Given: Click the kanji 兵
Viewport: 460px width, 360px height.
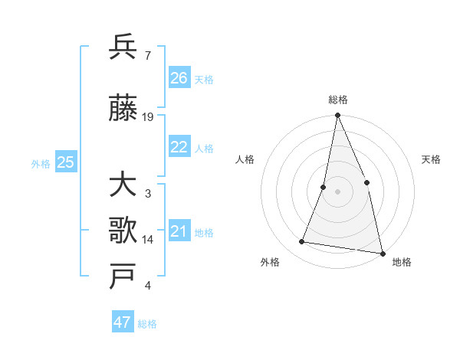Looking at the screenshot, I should click(x=123, y=47).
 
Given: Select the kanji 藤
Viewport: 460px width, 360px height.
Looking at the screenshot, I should click(x=123, y=109).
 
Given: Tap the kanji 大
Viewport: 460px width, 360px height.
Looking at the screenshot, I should click(x=123, y=185).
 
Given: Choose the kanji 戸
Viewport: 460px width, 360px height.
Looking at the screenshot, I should click(x=123, y=277).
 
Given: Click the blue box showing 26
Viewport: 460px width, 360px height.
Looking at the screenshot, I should click(x=179, y=78).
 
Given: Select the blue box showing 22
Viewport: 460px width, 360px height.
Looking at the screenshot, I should click(x=179, y=147).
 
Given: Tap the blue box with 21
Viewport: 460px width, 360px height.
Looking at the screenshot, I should click(x=179, y=231).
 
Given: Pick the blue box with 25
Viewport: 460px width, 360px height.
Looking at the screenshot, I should click(x=65, y=162).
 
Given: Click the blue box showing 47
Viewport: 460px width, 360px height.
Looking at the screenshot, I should click(x=123, y=322).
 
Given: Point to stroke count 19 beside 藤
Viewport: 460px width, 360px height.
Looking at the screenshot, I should click(x=149, y=117).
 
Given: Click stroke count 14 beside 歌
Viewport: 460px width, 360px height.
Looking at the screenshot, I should click(x=149, y=240).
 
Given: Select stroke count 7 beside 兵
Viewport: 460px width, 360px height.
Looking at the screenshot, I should click(x=148, y=56).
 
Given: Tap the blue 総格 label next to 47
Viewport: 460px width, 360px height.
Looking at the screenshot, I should click(x=147, y=324).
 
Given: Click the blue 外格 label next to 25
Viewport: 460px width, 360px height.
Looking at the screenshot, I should click(x=41, y=163).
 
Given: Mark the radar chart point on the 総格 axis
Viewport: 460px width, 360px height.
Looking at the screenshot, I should click(x=337, y=116).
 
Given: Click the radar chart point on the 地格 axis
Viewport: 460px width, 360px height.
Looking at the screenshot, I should click(x=382, y=253).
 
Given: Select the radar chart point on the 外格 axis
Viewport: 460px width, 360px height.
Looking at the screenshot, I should click(x=302, y=242).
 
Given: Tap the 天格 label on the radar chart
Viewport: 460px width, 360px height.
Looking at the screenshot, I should click(x=432, y=159).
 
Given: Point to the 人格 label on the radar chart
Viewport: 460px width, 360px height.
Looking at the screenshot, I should click(x=245, y=159).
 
